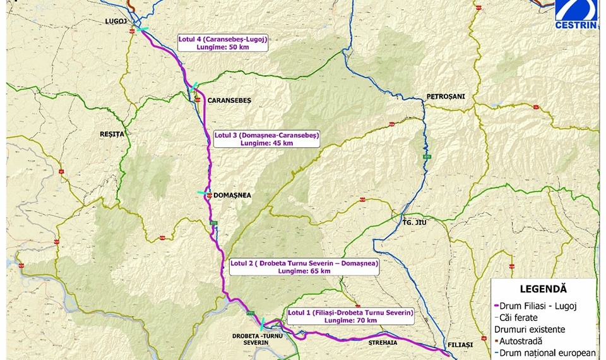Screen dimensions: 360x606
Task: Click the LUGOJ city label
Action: coord(116,21)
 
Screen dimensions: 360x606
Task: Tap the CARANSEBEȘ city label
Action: coord(230,100)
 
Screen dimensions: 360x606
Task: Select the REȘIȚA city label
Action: coord(113,134)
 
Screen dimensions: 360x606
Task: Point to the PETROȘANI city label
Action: coord(445,97)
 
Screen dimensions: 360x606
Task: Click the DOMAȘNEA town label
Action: coord(232,196)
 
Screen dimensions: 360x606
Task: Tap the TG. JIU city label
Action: coord(415,222)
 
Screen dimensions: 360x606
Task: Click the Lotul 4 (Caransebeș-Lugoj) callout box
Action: coord(222,43)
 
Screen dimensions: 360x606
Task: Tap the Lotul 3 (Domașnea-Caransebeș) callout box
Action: coord(266,139)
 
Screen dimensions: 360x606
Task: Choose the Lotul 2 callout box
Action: coord(304,267)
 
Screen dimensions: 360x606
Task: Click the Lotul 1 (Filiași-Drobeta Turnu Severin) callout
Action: coord(350,316)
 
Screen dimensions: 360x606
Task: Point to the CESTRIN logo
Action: coord(576,14)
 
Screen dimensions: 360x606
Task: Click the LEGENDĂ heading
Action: coord(543,289)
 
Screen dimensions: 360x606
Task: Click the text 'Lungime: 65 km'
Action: coord(304,271)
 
